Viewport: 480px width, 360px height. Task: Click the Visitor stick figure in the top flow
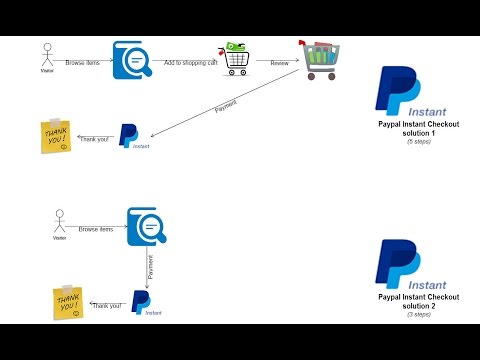pyautogui.click(x=45, y=54)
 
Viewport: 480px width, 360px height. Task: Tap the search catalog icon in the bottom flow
pyautogui.click(x=145, y=226)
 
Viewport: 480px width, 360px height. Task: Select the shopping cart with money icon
pyautogui.click(x=235, y=58)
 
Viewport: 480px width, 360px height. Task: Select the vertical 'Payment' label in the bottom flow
pyautogui.click(x=151, y=266)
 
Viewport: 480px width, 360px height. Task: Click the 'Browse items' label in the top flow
pyautogui.click(x=82, y=62)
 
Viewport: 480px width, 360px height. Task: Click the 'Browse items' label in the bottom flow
pyautogui.click(x=95, y=229)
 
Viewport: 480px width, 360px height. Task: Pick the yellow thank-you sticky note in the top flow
pyautogui.click(x=55, y=137)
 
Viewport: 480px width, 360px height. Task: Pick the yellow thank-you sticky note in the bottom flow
pyautogui.click(x=67, y=303)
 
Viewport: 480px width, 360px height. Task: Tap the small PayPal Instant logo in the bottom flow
pyautogui.click(x=143, y=303)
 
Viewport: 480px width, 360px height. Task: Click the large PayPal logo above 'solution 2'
pyautogui.click(x=402, y=265)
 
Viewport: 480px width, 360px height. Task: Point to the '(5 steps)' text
pyautogui.click(x=416, y=142)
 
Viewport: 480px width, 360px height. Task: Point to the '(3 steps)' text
pyautogui.click(x=417, y=314)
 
